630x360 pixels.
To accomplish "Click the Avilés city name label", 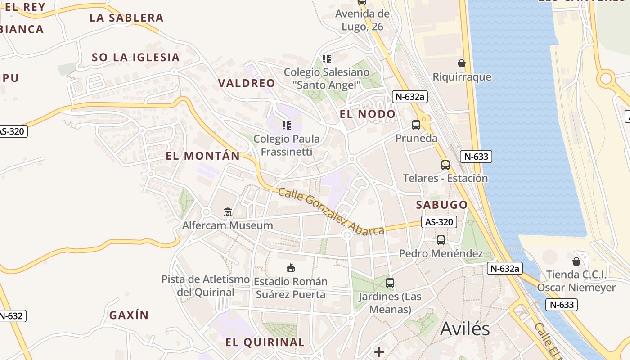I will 465,329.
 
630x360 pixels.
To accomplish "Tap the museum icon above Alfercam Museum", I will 228,212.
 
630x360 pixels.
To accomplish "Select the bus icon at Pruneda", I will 416,125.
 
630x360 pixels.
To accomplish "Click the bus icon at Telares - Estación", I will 445,165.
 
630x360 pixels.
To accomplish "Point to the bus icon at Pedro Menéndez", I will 441,240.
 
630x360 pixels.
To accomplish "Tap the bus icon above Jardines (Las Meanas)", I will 390,283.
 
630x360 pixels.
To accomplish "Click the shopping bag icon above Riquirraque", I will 461,63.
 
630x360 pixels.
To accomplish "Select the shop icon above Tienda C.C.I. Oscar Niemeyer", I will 576,261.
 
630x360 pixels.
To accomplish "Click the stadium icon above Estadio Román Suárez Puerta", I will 291,268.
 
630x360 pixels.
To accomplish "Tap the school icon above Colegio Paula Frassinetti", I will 286,126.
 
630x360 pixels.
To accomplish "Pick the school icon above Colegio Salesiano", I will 327,59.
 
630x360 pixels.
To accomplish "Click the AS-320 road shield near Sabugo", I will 439,222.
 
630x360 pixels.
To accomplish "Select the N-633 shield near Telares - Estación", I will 476,157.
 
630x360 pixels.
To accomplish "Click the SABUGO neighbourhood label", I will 441,205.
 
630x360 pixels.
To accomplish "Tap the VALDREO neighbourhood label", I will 246,83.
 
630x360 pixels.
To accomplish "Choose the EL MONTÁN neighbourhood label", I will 203,156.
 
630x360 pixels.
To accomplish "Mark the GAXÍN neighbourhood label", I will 129,315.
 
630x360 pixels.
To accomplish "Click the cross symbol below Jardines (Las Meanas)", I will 379,351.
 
